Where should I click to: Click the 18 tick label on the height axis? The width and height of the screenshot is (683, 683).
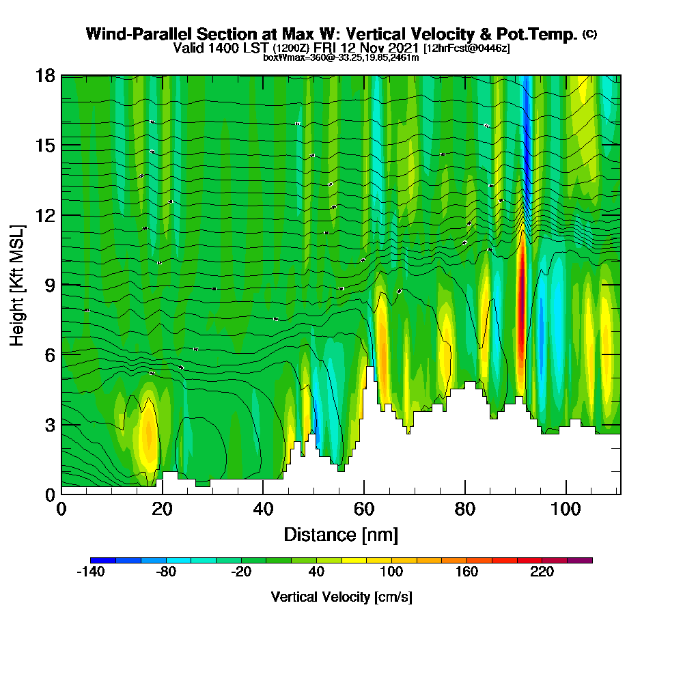tap(46, 76)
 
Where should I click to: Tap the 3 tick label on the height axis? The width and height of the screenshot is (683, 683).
tap(50, 424)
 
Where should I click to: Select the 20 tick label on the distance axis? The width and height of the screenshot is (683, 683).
tap(163, 509)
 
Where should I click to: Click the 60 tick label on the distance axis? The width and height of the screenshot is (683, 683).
tap(364, 509)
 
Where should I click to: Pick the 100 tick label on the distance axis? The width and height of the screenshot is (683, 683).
tap(566, 509)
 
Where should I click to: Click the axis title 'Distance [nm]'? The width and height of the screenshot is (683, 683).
tap(341, 534)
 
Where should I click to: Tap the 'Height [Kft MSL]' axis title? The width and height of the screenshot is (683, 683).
tap(18, 285)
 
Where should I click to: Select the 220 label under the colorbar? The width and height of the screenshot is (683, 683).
tap(542, 572)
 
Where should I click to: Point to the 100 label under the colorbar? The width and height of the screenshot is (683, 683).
tap(391, 572)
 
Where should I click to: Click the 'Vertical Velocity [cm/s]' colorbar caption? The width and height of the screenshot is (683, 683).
tap(341, 597)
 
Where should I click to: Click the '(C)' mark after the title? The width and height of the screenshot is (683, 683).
tap(589, 34)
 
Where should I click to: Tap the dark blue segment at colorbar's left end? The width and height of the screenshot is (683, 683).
tap(103, 560)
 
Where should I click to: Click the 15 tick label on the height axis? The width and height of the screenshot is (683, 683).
tap(46, 145)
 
